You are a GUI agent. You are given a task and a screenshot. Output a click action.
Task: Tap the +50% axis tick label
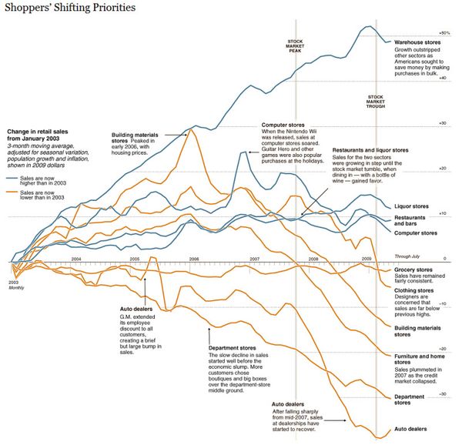[444, 33]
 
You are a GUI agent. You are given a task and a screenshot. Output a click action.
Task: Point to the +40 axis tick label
[442, 79]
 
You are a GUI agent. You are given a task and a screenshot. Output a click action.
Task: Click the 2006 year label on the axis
[194, 259]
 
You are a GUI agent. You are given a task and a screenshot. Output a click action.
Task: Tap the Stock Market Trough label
[376, 100]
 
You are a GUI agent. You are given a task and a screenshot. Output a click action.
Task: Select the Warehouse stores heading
[417, 43]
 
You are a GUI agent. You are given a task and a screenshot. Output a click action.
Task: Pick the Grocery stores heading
[414, 270]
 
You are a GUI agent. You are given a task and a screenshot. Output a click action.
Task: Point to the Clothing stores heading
[415, 291]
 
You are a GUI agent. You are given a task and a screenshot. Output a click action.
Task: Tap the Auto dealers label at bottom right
[411, 429]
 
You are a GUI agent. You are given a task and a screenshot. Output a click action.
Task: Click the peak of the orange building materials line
[192, 130]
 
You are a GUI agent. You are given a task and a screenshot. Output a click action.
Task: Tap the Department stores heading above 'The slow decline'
[233, 348]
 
